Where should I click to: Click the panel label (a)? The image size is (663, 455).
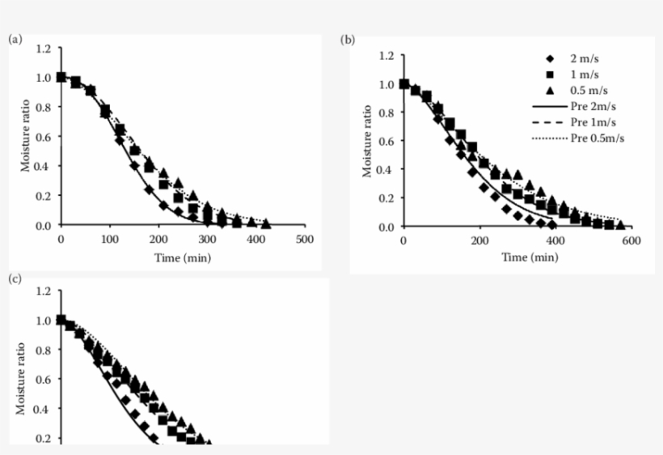pos(14,38)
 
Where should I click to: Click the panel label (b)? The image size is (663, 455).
pos(347,39)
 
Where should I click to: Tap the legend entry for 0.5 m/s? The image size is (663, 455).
pos(586,91)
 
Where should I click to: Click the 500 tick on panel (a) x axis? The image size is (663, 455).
pos(305,240)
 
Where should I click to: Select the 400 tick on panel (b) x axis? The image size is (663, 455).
pos(555,241)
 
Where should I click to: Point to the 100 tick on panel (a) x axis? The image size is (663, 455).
pos(110,240)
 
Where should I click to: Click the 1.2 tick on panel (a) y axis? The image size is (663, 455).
pos(44,49)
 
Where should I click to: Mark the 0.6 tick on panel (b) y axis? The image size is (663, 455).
pos(386,141)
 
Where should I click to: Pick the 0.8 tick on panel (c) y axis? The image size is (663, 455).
pos(44,350)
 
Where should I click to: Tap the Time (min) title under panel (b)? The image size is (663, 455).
pos(530,257)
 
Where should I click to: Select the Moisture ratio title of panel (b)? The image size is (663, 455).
pos(367,141)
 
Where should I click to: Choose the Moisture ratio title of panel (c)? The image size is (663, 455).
pos(22,378)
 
